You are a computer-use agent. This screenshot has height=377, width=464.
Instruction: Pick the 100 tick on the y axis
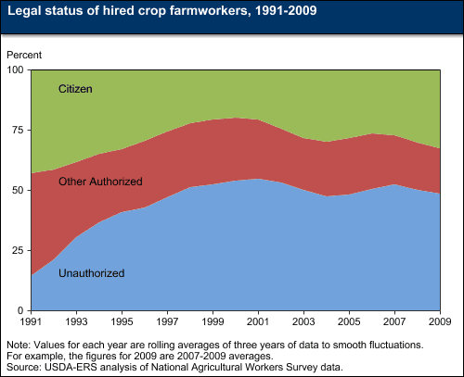(17, 70)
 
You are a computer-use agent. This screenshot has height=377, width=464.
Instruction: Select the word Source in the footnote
(21, 366)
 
